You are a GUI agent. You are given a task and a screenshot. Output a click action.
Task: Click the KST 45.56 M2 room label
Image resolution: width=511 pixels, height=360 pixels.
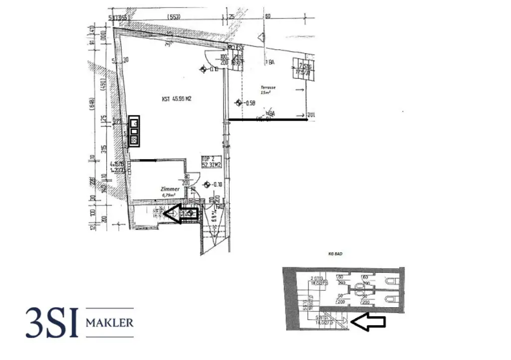tap(177, 99)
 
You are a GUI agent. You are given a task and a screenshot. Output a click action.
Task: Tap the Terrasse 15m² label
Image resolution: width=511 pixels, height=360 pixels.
tap(267, 90)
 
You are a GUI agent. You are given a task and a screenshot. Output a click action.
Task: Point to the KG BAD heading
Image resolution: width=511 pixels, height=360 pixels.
tap(343, 254)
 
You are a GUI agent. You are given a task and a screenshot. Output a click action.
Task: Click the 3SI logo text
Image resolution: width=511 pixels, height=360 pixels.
tap(52, 323)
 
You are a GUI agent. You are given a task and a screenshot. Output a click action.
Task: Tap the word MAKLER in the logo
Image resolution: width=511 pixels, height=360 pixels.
tap(110, 323)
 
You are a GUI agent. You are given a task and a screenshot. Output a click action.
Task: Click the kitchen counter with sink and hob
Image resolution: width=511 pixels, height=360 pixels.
tap(134, 131)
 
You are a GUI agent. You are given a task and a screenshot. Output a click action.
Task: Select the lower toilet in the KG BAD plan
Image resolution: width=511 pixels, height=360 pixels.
tap(391, 299)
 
